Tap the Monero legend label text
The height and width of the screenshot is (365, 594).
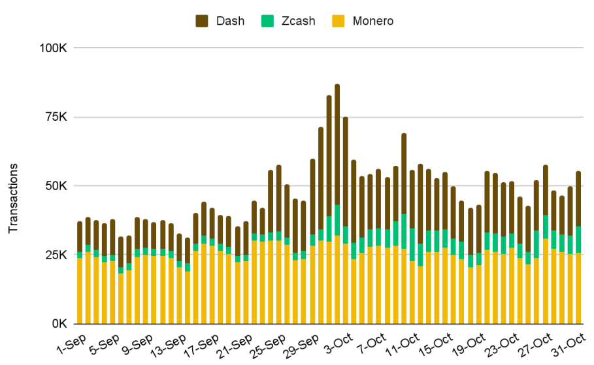372,21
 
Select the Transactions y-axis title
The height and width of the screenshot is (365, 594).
14,197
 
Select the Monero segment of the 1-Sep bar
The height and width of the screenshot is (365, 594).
80,291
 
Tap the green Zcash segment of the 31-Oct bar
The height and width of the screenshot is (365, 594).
579,240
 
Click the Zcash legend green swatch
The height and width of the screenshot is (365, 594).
267,21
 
